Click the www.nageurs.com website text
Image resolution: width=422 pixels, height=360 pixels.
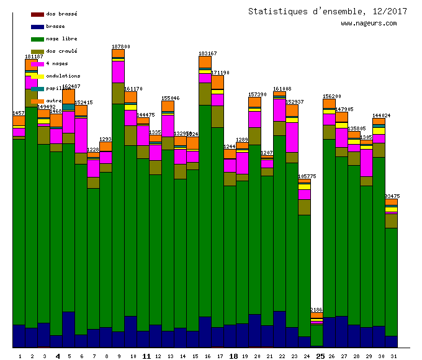tap(368, 24)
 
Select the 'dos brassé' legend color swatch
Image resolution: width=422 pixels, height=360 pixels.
tap(37, 14)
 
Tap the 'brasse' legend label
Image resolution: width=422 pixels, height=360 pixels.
tap(55, 27)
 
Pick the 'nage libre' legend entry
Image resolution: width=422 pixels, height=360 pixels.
tap(61, 39)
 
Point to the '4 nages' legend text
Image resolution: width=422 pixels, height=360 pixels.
tap(57, 64)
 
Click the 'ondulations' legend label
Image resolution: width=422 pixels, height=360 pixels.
tap(63, 76)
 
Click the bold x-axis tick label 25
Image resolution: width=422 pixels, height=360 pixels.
tap(320, 356)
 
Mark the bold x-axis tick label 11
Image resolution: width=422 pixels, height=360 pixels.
tap(146, 356)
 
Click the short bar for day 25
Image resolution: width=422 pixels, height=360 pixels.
tap(316, 332)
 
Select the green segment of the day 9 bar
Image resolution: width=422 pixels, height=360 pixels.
tap(118, 217)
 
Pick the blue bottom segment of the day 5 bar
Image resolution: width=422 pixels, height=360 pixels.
tap(68, 329)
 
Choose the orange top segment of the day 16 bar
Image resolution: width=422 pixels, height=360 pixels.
tap(205, 63)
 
